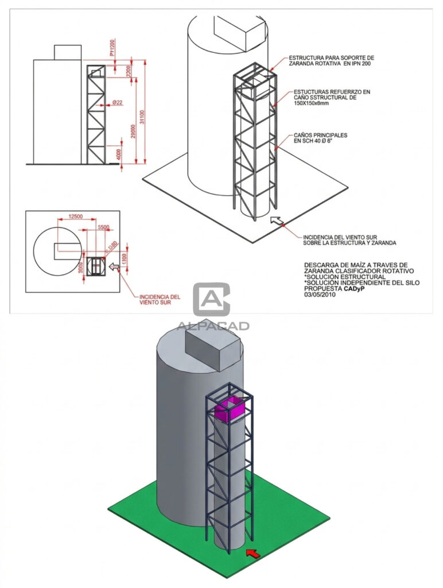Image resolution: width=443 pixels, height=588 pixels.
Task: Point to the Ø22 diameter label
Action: pyautogui.click(x=117, y=102)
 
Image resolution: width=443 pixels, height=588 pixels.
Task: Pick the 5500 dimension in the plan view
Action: pyautogui.click(x=103, y=227)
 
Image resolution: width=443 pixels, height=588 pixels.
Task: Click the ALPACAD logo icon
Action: pyautogui.click(x=212, y=299)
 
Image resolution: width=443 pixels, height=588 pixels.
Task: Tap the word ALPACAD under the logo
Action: pyautogui.click(x=212, y=326)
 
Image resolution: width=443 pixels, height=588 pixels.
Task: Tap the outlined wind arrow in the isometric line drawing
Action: pyautogui.click(x=277, y=220)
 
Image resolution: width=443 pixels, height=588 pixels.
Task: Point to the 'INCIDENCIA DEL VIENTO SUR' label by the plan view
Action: pyautogui.click(x=160, y=299)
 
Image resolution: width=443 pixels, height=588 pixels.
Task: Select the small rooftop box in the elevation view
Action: pyautogui.click(x=68, y=52)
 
